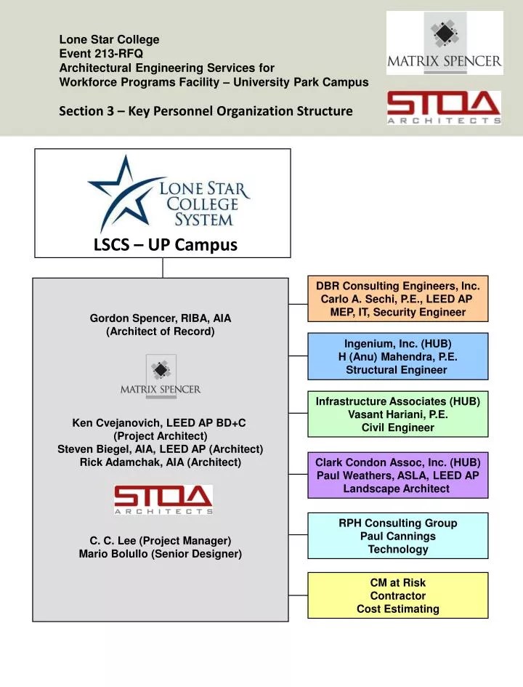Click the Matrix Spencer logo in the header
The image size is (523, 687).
pyautogui.click(x=444, y=42)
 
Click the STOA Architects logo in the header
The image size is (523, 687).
pyautogui.click(x=443, y=108)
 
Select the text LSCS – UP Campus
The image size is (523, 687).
pyautogui.click(x=166, y=244)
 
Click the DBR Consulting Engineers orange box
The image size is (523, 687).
pyautogui.click(x=397, y=299)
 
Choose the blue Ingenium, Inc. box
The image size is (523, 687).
pyautogui.click(x=397, y=356)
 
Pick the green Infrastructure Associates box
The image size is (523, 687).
pyautogui.click(x=397, y=414)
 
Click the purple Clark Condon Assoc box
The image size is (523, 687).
pyautogui.click(x=397, y=475)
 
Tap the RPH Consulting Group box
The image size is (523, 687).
pyautogui.click(x=397, y=536)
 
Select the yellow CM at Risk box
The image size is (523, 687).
pyautogui.click(x=397, y=595)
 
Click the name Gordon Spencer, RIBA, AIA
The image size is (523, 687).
pyautogui.click(x=161, y=318)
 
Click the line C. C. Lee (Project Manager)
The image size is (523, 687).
pyautogui.click(x=161, y=540)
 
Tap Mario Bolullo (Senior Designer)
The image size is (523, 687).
pyautogui.click(x=161, y=554)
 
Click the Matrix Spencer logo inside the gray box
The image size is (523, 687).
pyautogui.click(x=161, y=376)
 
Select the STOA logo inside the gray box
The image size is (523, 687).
pyautogui.click(x=163, y=500)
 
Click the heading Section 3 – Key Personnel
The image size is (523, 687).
pyautogui.click(x=206, y=111)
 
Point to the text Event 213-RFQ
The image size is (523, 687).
pyautogui.click(x=101, y=53)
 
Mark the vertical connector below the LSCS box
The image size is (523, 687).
pyautogui.click(x=163, y=268)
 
